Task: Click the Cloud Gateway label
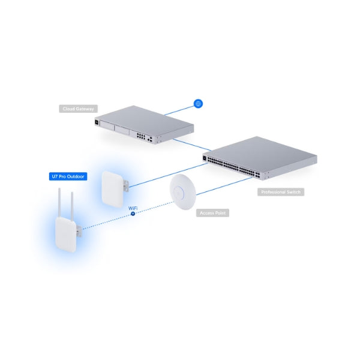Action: point(78,109)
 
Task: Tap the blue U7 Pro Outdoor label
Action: point(68,176)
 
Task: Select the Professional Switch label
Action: point(281,192)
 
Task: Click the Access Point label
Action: point(212,213)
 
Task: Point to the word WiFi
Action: point(133,208)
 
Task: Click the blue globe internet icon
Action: point(198,104)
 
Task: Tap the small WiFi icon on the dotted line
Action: point(133,214)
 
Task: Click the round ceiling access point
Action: point(183,192)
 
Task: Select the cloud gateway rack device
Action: point(144,124)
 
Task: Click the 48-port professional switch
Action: point(260,158)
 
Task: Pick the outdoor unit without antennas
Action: point(113,189)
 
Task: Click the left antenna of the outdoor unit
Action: point(59,203)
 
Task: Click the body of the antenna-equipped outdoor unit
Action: point(66,235)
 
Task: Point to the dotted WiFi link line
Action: point(128,215)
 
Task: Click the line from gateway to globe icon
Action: point(179,110)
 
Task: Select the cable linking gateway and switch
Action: point(192,145)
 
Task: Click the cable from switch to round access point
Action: point(224,186)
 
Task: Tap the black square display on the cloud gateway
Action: point(97,122)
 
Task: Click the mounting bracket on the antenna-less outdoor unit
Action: point(126,186)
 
